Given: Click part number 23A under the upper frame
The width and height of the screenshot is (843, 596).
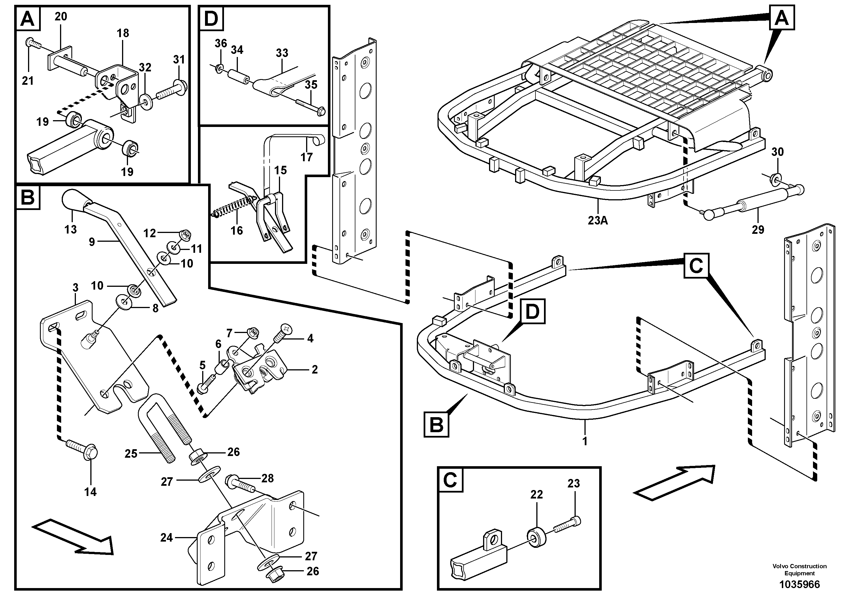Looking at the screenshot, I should coord(598,220).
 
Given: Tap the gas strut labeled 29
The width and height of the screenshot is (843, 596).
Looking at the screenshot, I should coord(745,205).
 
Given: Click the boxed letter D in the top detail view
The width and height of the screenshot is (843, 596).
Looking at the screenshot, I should coord(211,19).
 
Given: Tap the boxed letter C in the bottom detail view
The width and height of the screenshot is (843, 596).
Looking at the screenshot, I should coord(450,480).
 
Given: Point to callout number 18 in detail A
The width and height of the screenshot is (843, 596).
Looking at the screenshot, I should coord(123,33).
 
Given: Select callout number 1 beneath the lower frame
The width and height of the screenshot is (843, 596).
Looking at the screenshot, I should coord(585,441).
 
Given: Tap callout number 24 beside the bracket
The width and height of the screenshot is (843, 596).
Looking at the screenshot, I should coord(166,538).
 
